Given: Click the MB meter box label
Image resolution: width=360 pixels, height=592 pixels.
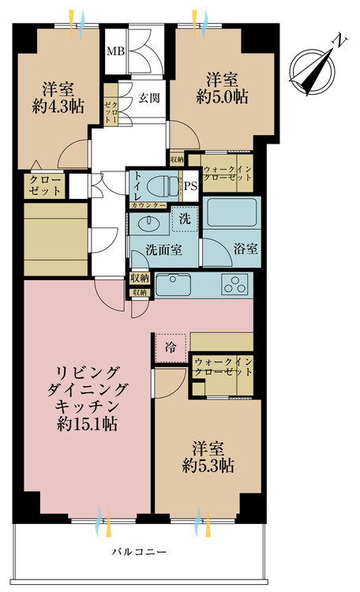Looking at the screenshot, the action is tap(115, 51).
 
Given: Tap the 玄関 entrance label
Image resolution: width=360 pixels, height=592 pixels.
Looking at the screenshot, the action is tap(148, 98).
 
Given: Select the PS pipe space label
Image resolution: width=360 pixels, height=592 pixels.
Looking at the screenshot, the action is tap(191, 186).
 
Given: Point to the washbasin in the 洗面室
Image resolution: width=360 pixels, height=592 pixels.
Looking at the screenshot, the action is tap(150, 223).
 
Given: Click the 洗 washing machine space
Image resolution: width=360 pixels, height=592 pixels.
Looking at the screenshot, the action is tap(185, 219).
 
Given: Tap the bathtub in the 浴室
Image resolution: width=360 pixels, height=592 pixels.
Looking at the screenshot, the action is tap(231, 212).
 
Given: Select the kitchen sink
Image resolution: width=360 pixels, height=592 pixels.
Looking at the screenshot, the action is tap(174, 285).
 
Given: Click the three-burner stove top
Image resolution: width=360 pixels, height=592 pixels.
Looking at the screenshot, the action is tap(235, 286).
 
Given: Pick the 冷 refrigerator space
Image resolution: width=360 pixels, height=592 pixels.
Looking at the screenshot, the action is tap(171, 348).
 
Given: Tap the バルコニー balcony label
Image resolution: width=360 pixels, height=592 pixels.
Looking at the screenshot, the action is tap(139, 552).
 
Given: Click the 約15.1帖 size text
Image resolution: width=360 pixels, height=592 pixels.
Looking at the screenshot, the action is tap(87, 425).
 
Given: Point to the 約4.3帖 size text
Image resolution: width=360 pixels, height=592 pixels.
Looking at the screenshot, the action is tap(58, 107).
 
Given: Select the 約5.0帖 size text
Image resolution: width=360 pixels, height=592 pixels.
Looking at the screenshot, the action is tap(222, 97).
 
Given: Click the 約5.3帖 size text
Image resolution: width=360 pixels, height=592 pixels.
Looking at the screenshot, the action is tap(208, 466).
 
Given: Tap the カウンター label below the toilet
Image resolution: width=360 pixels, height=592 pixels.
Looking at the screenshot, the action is tap(148, 205).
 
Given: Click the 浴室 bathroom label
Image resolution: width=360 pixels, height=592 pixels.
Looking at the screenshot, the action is tap(246, 249).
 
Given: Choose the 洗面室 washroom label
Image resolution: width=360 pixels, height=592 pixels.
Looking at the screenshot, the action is tap(163, 249).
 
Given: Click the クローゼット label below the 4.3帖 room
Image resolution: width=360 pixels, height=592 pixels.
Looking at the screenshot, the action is tap(45, 185).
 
